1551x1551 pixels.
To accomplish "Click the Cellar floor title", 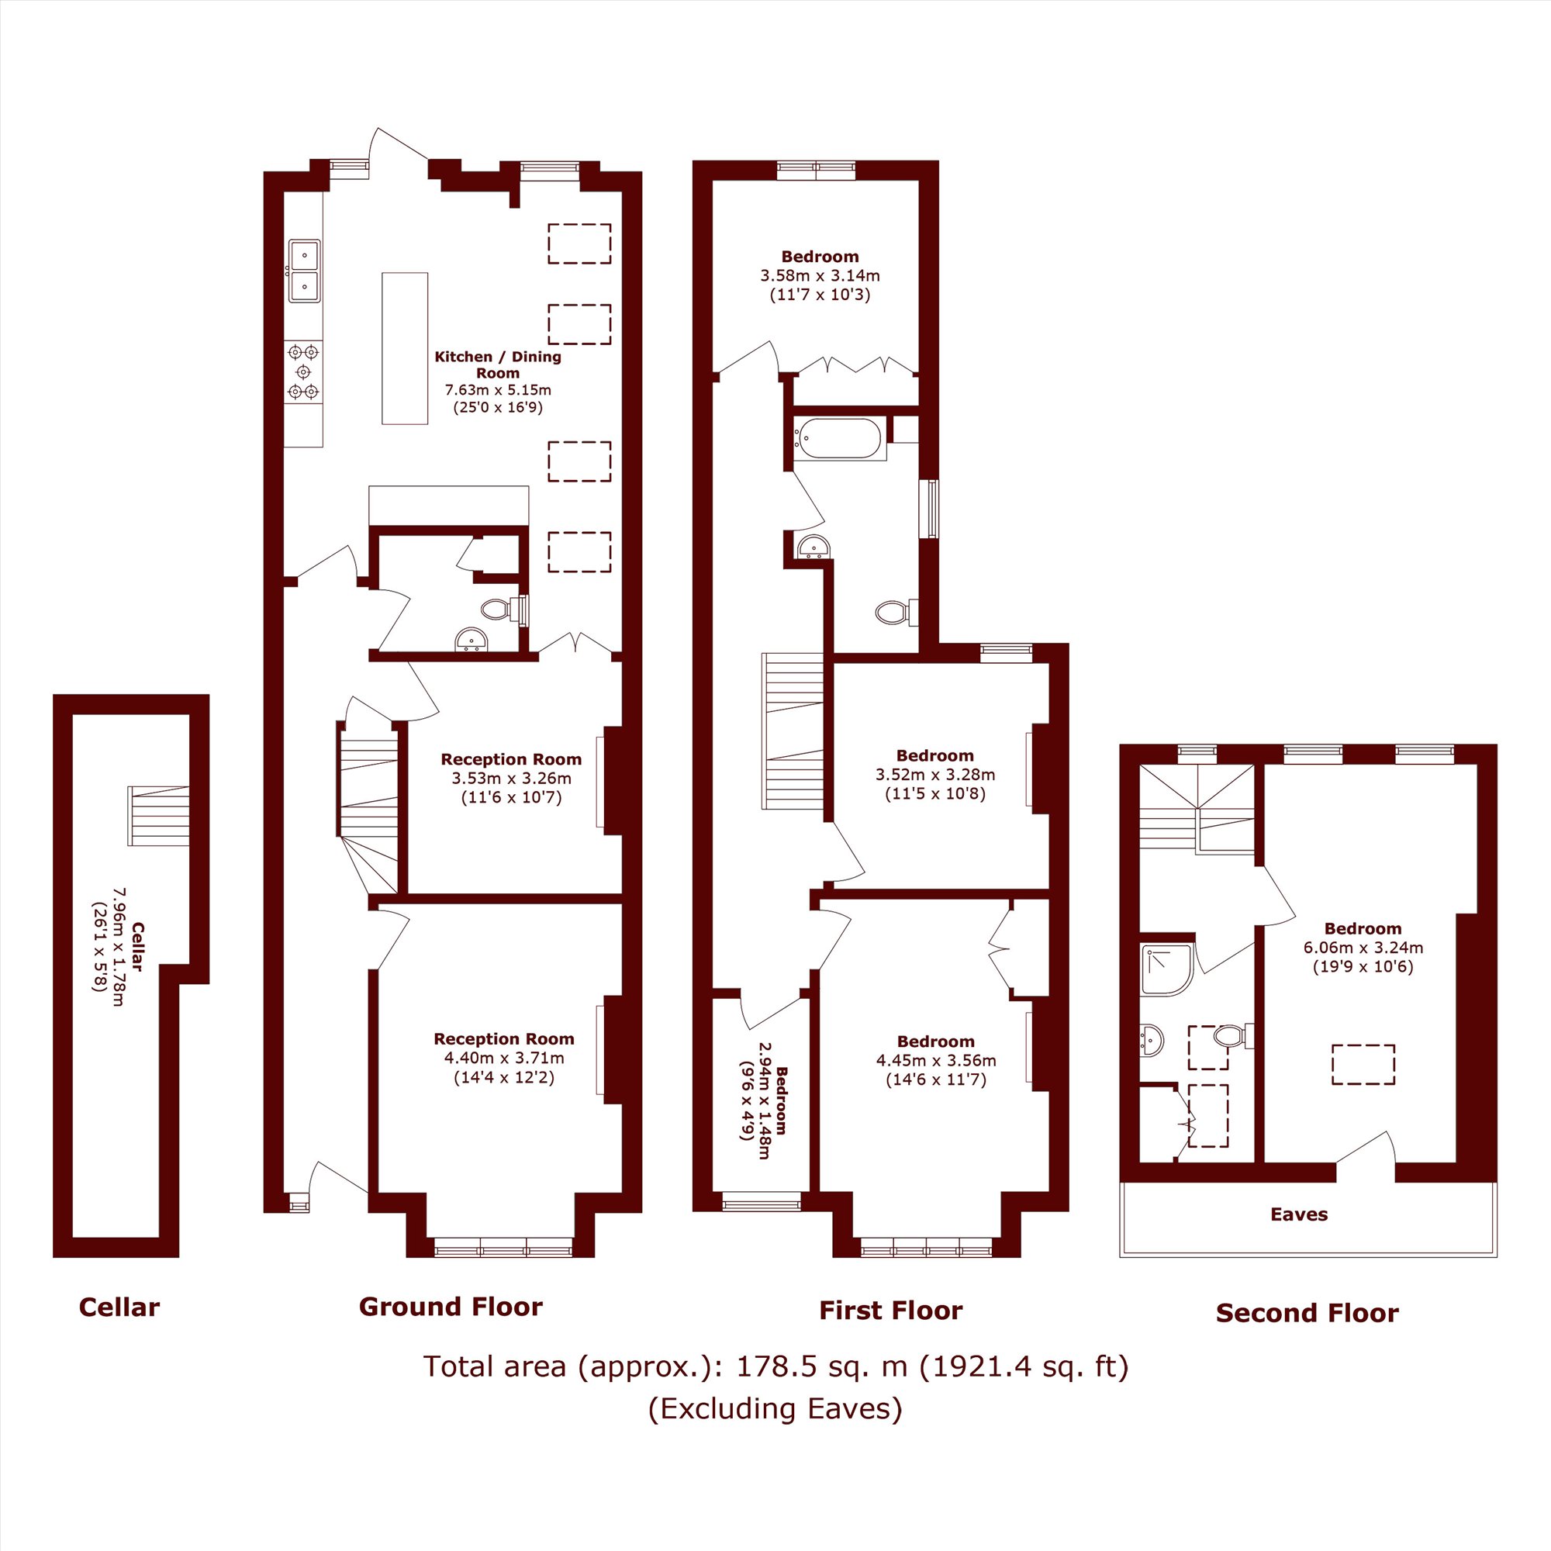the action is point(119,1307).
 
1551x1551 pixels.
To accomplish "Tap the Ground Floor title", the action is point(451,1306).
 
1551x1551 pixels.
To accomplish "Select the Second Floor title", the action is point(1307,1313).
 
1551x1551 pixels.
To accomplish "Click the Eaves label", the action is point(1299,1214).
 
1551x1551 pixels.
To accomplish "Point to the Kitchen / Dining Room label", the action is point(498,364).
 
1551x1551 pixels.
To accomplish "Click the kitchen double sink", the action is point(304,271).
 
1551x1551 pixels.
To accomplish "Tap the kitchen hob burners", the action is point(303,371).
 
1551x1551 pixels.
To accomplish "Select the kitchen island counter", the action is point(405,348).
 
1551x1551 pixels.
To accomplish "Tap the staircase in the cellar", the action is point(158,816).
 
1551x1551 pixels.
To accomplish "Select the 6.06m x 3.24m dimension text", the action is point(1363,948).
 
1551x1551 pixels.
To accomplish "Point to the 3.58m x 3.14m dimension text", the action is point(820,275).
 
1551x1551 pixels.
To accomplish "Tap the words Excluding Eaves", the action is point(775,1408).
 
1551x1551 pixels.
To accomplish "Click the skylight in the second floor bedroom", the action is point(1363,1065).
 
